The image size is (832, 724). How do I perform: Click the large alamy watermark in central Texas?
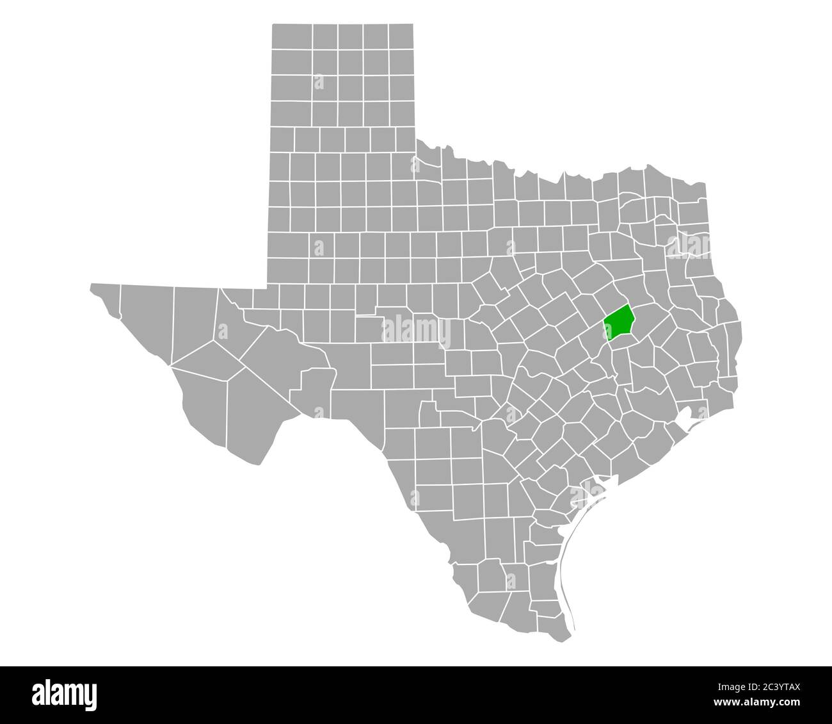[416, 331]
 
